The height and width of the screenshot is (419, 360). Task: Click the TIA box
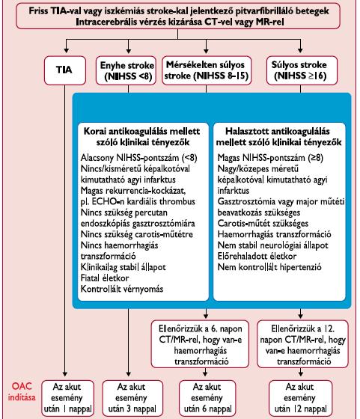point(65,70)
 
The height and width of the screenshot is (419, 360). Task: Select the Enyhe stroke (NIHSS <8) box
point(126,70)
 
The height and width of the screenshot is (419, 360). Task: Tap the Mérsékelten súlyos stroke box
point(207,70)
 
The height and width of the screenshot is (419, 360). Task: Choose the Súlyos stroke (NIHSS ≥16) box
point(302,70)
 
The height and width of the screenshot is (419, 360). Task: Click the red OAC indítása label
point(22,392)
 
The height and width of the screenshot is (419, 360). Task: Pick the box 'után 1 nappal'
point(68,398)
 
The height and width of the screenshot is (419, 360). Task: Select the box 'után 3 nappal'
point(132,398)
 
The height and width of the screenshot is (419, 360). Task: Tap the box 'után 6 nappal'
point(207,398)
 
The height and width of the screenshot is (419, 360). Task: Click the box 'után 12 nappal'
point(300,398)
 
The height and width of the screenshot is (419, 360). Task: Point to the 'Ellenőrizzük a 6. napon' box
point(200,344)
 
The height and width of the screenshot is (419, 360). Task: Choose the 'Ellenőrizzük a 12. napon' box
point(302,344)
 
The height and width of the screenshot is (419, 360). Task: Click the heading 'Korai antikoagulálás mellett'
point(142,131)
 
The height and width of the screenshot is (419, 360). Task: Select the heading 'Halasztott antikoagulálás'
point(278,131)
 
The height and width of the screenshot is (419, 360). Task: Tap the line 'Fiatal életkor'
point(105,278)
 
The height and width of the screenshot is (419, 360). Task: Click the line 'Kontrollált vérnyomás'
point(122,289)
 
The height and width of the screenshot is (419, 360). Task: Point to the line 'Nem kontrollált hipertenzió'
point(269,267)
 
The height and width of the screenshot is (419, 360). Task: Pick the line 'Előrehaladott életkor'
point(257,256)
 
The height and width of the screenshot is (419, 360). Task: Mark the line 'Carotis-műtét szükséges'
point(263,223)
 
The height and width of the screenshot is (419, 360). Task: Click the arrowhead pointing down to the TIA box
point(67,51)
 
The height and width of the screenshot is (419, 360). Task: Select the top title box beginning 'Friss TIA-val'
point(178,16)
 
